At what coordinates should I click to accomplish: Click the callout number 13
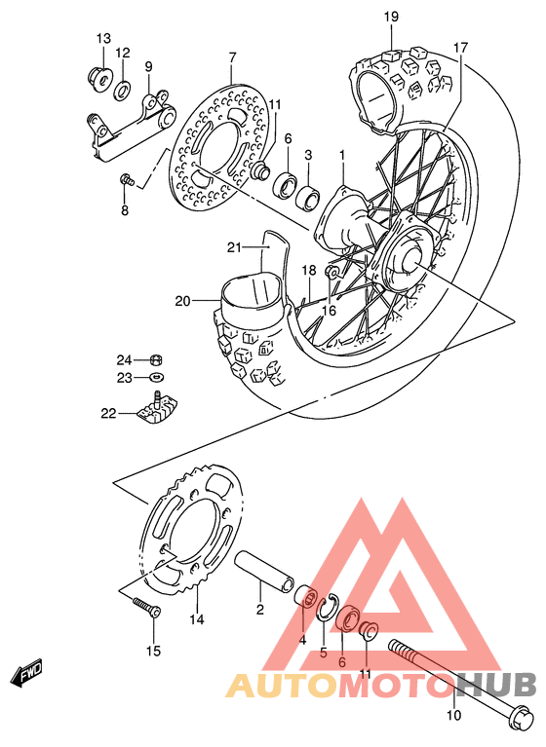point(103,38)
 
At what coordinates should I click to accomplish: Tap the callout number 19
point(391,17)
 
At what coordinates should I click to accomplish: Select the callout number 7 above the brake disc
point(232,58)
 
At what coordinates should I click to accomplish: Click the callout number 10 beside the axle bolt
point(453,717)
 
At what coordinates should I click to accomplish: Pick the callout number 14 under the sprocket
point(197,619)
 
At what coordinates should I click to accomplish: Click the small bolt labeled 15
point(147,609)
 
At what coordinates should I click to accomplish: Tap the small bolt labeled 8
point(127,180)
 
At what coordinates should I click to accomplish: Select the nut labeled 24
point(156,359)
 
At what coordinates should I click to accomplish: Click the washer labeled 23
point(157,377)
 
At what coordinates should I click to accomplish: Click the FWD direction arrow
point(28,674)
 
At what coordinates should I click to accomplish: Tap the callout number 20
point(182,301)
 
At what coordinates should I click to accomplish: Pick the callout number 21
point(234,247)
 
